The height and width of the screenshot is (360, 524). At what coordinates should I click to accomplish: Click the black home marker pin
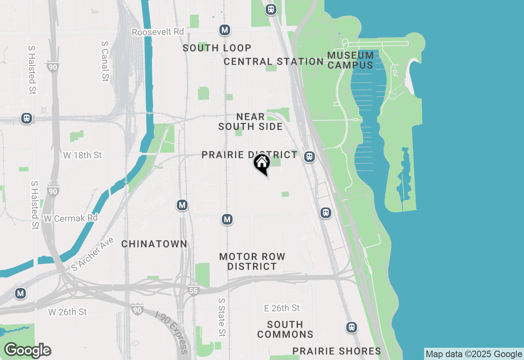262,164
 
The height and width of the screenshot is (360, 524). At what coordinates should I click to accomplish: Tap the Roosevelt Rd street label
158,32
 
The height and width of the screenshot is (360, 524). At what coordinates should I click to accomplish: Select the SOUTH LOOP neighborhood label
217,48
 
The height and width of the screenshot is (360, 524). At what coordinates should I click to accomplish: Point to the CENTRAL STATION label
274,62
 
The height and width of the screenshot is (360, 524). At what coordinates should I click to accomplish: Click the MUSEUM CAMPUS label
350,60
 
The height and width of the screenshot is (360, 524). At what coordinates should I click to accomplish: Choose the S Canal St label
105,61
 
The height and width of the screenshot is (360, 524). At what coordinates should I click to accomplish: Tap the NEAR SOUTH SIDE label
251,122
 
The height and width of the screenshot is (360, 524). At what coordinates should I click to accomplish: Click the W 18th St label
83,155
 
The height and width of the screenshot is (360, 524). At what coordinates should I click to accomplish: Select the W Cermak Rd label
70,218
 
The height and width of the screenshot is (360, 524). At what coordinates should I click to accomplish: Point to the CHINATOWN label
154,244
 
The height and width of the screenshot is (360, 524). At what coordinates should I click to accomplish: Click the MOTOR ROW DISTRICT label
252,261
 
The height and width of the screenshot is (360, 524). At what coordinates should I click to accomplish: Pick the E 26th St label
282,308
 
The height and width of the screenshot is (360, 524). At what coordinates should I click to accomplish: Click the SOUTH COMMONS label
285,329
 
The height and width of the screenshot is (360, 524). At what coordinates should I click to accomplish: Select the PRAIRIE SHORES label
337,351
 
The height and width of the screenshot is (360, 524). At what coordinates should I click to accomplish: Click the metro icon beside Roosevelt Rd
224,30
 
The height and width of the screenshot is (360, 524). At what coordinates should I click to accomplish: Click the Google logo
27,350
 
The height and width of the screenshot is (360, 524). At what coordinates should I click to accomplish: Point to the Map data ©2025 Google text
474,354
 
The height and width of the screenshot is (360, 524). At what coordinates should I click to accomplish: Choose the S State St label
221,317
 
